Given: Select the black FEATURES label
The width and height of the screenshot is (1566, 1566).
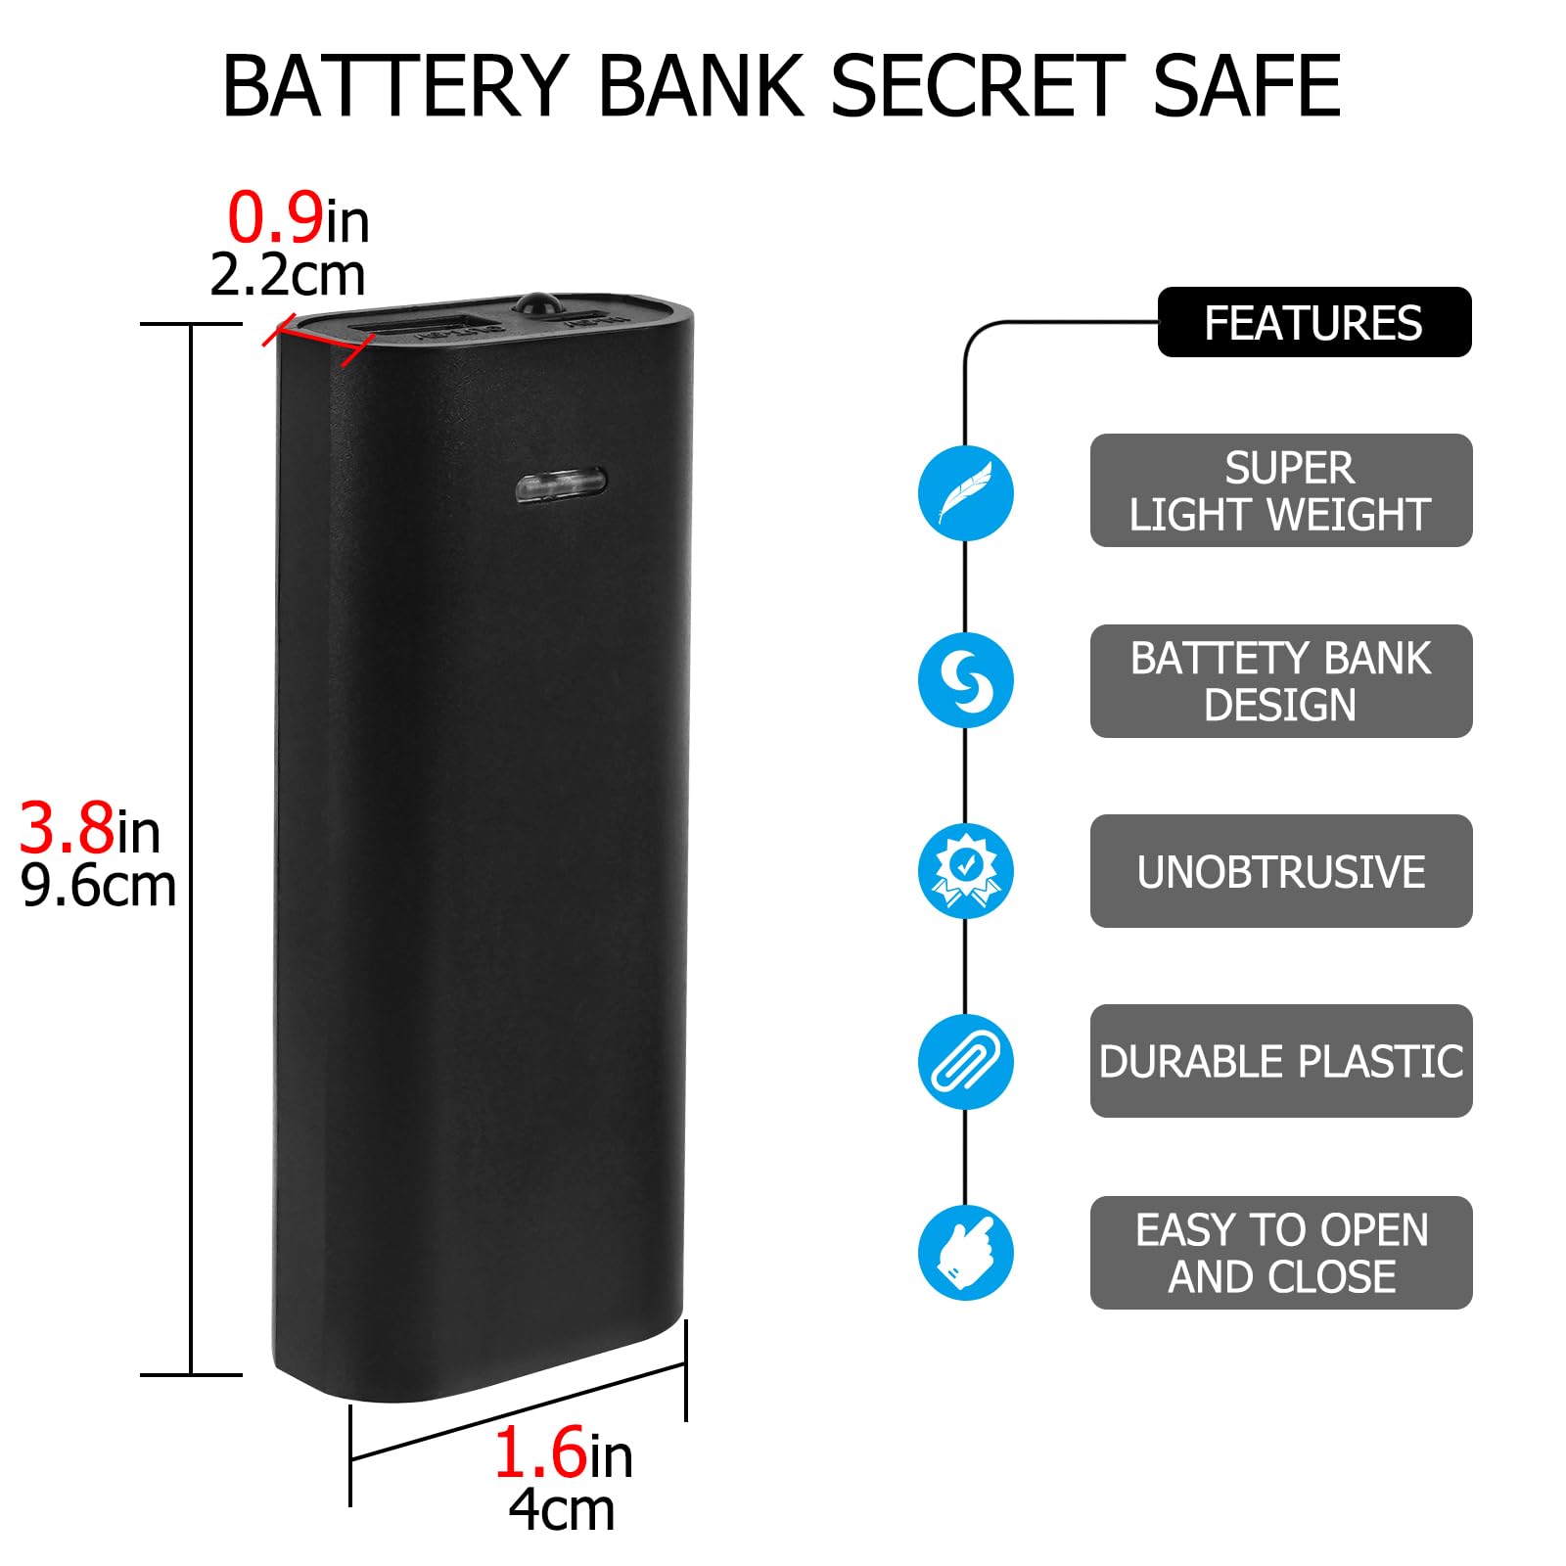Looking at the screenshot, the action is pos(1313,322).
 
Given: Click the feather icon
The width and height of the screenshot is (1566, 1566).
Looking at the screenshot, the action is pos(965,492).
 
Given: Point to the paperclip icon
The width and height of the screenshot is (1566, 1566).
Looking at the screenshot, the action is pos(965,1061).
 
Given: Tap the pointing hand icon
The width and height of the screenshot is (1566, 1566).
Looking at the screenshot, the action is pos(965,1252).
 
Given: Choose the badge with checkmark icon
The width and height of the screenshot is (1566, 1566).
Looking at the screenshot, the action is pos(965,870).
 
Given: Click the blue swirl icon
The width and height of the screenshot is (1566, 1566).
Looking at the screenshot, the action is pos(965,679).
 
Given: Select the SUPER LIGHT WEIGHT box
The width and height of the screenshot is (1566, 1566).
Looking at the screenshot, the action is pos(1280,490).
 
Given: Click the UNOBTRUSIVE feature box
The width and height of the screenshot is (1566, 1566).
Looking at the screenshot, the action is pos(1280,871).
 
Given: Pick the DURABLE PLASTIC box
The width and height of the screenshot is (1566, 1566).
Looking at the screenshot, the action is pos(1280,1061).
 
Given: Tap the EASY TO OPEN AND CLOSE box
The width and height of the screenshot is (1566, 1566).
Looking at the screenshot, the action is pos(1280,1252).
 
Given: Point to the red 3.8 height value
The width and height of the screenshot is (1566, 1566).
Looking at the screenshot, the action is pos(67,828).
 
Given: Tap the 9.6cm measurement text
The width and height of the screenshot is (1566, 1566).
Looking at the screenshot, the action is pos(98,886).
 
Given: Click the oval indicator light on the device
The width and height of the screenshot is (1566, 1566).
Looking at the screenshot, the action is pos(560,483).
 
